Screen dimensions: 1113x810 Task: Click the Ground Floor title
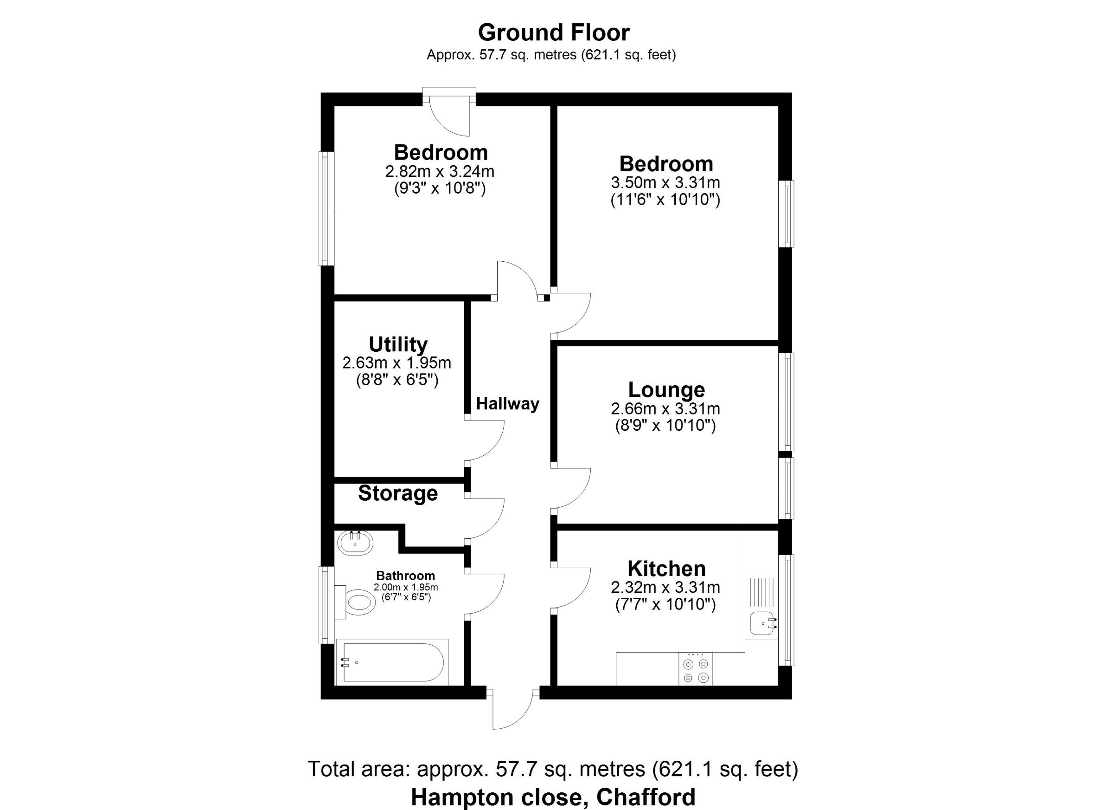click(554, 33)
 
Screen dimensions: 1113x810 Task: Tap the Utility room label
click(398, 344)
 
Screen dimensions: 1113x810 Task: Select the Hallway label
click(508, 404)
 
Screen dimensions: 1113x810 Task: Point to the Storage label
click(398, 493)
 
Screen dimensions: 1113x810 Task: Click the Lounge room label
click(666, 389)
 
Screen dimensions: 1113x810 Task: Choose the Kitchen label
click(666, 568)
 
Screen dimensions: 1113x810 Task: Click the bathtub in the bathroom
click(392, 662)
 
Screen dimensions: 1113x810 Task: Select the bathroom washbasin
click(355, 543)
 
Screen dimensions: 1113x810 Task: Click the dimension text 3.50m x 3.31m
click(665, 183)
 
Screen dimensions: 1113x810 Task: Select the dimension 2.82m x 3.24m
click(440, 171)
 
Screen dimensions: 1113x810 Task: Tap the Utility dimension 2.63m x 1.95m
click(397, 363)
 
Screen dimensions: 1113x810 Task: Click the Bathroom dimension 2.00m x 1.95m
click(406, 587)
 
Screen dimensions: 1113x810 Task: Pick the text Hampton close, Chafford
click(553, 797)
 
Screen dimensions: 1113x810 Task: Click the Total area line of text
click(553, 769)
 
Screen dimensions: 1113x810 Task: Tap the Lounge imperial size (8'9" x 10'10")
click(665, 425)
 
